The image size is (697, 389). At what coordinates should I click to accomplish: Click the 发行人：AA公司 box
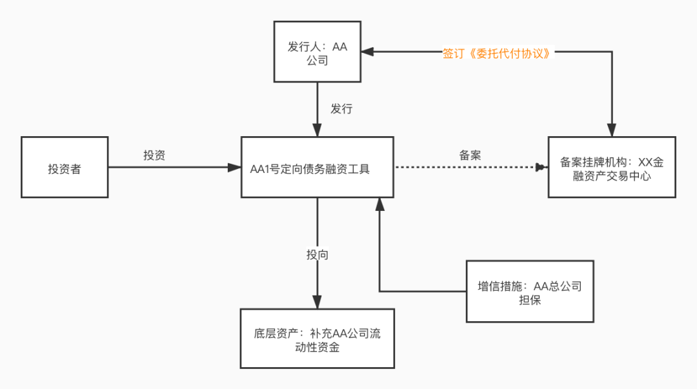pos(318,52)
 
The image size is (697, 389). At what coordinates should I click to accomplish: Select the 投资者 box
pos(65,167)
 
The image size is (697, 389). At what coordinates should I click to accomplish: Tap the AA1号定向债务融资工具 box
pos(317,167)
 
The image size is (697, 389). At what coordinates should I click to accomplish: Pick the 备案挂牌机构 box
pos(612,167)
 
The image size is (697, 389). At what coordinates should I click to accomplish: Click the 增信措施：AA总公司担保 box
pos(529,292)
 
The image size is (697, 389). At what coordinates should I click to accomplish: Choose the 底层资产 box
pos(317,339)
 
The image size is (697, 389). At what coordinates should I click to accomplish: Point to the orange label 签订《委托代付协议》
pos(498,54)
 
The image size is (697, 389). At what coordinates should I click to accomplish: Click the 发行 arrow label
pos(341,108)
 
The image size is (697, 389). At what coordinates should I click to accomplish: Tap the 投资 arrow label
pos(154,155)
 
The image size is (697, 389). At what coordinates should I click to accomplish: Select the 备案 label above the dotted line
pos(470,155)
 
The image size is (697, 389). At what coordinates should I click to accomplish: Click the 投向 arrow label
pos(317,255)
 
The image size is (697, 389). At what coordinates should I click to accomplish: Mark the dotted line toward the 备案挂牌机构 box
pos(465,168)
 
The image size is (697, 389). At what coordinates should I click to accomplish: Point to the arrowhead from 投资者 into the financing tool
pos(234,168)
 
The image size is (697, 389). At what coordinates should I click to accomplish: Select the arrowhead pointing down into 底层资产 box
pos(317,301)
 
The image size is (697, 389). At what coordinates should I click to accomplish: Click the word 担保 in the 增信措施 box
pos(530,300)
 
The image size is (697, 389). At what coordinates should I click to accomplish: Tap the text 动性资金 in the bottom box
pos(317,348)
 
